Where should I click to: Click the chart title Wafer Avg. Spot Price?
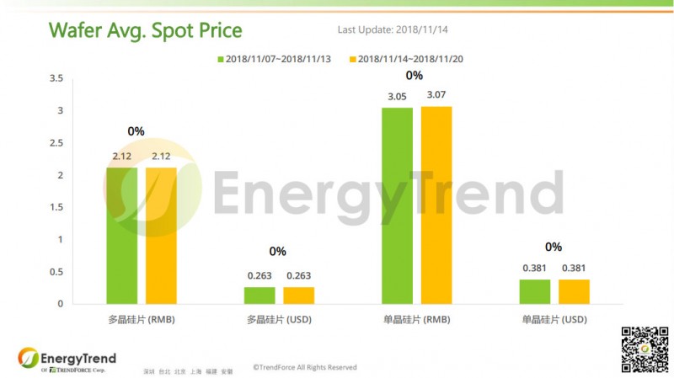pos(146,31)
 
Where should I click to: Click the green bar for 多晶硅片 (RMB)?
pos(122,235)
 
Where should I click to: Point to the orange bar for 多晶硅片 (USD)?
pos(298,295)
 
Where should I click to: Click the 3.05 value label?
pos(398,97)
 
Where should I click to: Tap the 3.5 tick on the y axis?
pos(56,78)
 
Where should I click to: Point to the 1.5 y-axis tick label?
pos(56,207)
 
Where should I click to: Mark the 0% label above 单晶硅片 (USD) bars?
pos(554,247)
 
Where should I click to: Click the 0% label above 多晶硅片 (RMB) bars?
pos(136,131)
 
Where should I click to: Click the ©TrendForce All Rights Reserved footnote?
pos(305,367)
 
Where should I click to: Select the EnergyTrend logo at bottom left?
pos(67,359)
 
